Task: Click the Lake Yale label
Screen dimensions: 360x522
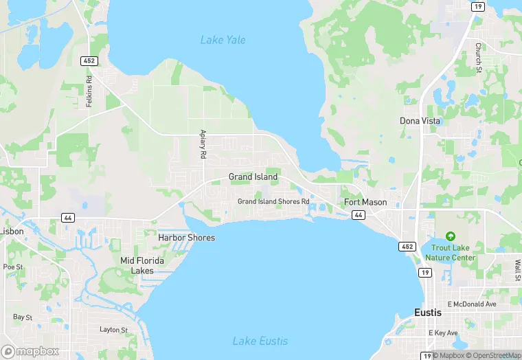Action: coord(223,40)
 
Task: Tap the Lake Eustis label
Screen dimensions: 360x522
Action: coord(260,341)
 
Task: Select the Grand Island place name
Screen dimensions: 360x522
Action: coord(253,177)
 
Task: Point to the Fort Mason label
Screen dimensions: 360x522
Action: coord(365,203)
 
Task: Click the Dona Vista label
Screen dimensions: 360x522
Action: coord(420,121)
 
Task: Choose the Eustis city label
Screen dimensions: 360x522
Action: coord(428,312)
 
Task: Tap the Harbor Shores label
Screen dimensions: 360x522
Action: coord(186,238)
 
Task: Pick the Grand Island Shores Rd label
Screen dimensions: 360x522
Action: coord(273,201)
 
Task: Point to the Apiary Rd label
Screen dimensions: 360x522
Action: coord(203,144)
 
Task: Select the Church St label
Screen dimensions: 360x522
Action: coord(478,57)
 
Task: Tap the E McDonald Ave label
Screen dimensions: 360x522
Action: coord(471,304)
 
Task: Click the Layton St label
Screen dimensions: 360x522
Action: coord(114,330)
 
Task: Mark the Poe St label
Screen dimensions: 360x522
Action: coord(13,267)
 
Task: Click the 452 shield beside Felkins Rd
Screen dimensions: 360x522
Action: coord(90,61)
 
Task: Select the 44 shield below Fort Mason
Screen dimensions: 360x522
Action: coord(359,215)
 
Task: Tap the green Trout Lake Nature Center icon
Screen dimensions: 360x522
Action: coord(450,237)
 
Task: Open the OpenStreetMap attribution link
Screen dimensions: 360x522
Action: coord(492,355)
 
